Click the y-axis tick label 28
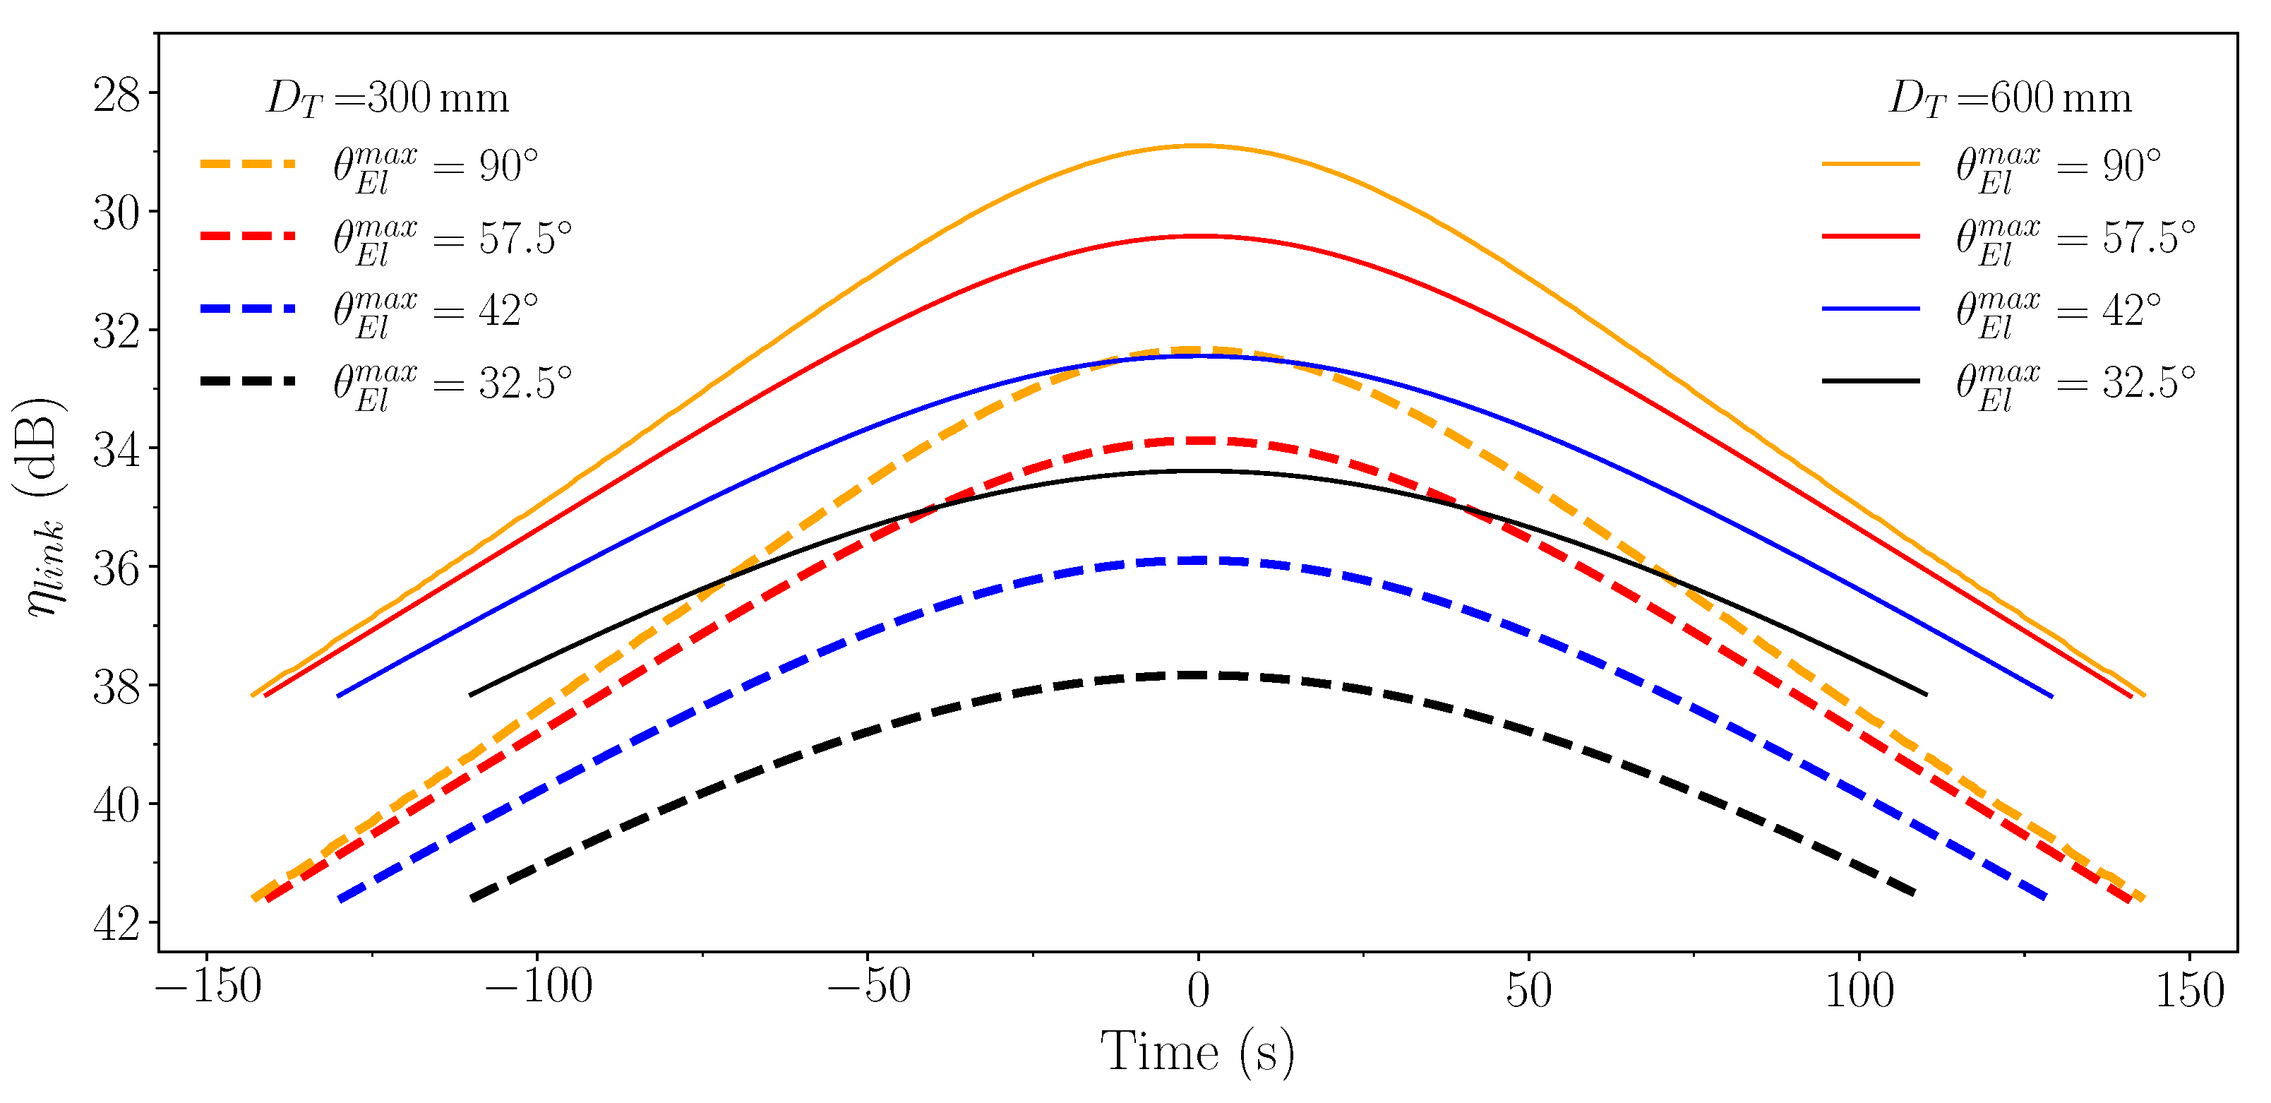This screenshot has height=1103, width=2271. tap(116, 95)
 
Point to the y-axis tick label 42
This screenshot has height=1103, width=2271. tap(116, 924)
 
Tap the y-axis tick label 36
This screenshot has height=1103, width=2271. tap(116, 568)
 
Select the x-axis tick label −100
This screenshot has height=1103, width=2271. tap(539, 987)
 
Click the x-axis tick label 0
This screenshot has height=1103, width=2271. tap(1198, 989)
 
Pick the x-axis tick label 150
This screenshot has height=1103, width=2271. tap(2190, 989)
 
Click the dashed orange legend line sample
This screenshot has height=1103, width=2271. tap(248, 164)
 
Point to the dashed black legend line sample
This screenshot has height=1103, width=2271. tap(248, 381)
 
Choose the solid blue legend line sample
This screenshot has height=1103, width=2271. tap(1871, 309)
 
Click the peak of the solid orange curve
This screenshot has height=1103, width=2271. tap(1198, 145)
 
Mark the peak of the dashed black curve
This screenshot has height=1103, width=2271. tap(1198, 675)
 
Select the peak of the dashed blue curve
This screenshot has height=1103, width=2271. tap(1198, 560)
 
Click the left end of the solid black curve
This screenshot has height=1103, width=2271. tap(471, 695)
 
